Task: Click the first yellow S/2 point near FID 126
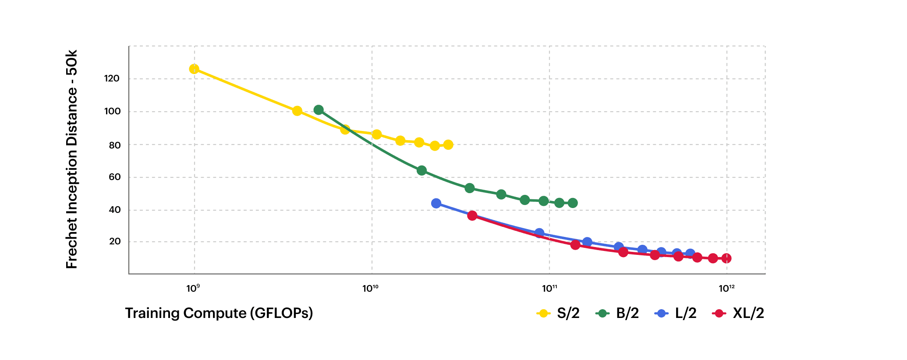pos(194,69)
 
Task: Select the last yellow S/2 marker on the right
pos(448,145)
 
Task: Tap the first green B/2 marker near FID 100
pos(319,110)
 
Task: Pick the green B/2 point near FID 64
pos(422,170)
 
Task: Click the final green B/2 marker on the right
pos(572,203)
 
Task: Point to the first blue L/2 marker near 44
pos(436,203)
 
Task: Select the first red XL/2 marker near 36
pos(472,215)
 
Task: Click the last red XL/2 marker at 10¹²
pos(726,258)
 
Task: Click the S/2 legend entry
pos(558,313)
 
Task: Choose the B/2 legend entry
pos(617,313)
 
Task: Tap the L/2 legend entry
pos(676,313)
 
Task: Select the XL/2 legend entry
pos(738,313)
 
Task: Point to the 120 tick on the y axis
pos(112,79)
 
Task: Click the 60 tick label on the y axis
pos(114,177)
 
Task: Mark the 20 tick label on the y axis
pos(115,242)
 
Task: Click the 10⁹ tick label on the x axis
pos(193,288)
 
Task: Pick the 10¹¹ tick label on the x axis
pos(549,288)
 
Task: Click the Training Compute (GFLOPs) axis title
pos(219,313)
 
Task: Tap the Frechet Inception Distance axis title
pos(71,159)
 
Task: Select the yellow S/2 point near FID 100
pos(297,111)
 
